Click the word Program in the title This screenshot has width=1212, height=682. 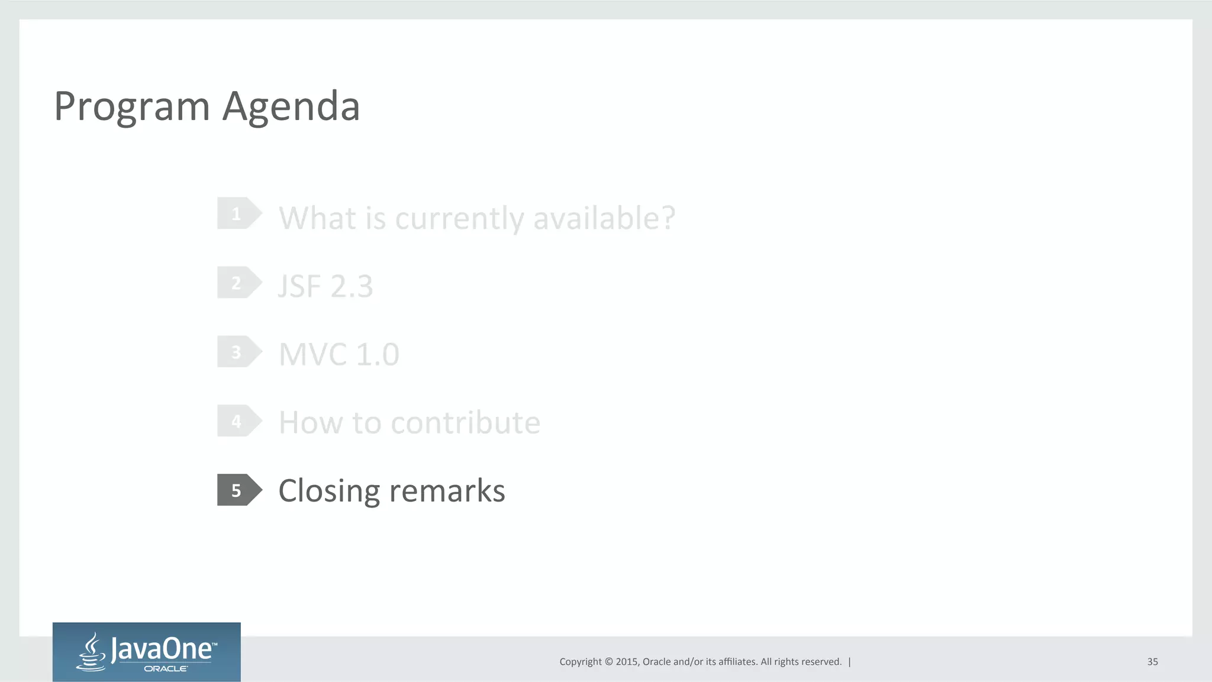[131, 107]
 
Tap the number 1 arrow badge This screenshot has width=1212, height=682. [238, 214]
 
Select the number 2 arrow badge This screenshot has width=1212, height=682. [238, 283]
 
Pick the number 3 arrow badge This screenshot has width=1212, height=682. [238, 352]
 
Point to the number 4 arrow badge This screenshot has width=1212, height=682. [238, 421]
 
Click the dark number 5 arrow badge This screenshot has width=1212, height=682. [238, 490]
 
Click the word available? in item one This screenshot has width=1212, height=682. [604, 218]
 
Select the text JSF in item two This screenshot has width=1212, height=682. [299, 287]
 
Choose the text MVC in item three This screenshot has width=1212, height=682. [312, 355]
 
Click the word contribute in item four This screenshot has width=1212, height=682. [465, 423]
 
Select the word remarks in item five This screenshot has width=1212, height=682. [447, 491]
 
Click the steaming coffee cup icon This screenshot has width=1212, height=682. [92, 652]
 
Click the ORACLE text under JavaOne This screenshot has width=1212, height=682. [166, 669]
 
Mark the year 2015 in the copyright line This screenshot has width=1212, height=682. [626, 662]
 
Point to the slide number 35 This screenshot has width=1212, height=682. [1152, 662]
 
